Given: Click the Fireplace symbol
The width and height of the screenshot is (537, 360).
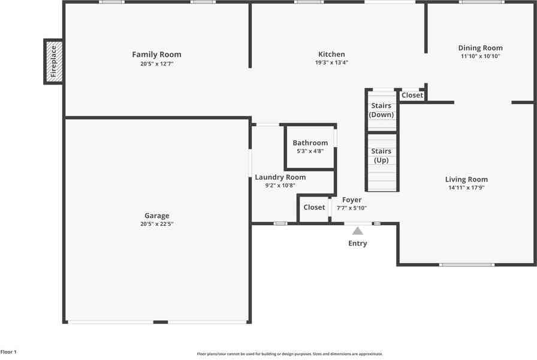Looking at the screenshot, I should [53, 61].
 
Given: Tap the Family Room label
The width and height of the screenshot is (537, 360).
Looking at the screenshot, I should [156, 55].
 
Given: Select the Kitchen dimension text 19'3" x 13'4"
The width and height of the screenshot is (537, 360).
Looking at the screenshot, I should [331, 62].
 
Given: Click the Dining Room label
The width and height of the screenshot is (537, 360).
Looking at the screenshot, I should [480, 48].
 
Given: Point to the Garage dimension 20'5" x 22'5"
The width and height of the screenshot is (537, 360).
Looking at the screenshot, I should [156, 224].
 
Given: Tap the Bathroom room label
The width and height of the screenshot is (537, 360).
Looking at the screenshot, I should [310, 143].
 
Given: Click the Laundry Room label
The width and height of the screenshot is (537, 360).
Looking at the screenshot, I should [280, 177].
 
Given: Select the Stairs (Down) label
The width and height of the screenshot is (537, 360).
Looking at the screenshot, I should [381, 110].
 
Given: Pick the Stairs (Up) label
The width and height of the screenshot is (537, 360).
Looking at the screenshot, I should [381, 156].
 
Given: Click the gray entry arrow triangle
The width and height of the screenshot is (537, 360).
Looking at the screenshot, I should [357, 231].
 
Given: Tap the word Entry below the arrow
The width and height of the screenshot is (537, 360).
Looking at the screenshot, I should [357, 243].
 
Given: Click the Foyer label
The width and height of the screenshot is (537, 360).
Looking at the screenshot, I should [352, 200].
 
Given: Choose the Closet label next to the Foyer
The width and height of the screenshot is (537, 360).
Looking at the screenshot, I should [314, 207].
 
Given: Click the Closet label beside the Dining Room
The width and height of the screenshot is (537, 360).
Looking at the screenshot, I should [412, 95].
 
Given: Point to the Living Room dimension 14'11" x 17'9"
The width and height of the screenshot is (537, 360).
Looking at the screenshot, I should [466, 187].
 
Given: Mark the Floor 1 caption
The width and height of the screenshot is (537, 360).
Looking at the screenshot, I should [8, 352].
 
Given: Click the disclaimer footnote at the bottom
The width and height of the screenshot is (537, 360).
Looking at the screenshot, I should [289, 354].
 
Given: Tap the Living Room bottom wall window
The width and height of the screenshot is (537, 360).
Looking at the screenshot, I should [467, 264].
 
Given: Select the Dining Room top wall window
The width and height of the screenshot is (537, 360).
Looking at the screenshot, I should [481, 2].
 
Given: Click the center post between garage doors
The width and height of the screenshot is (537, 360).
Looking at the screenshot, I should [160, 322].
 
